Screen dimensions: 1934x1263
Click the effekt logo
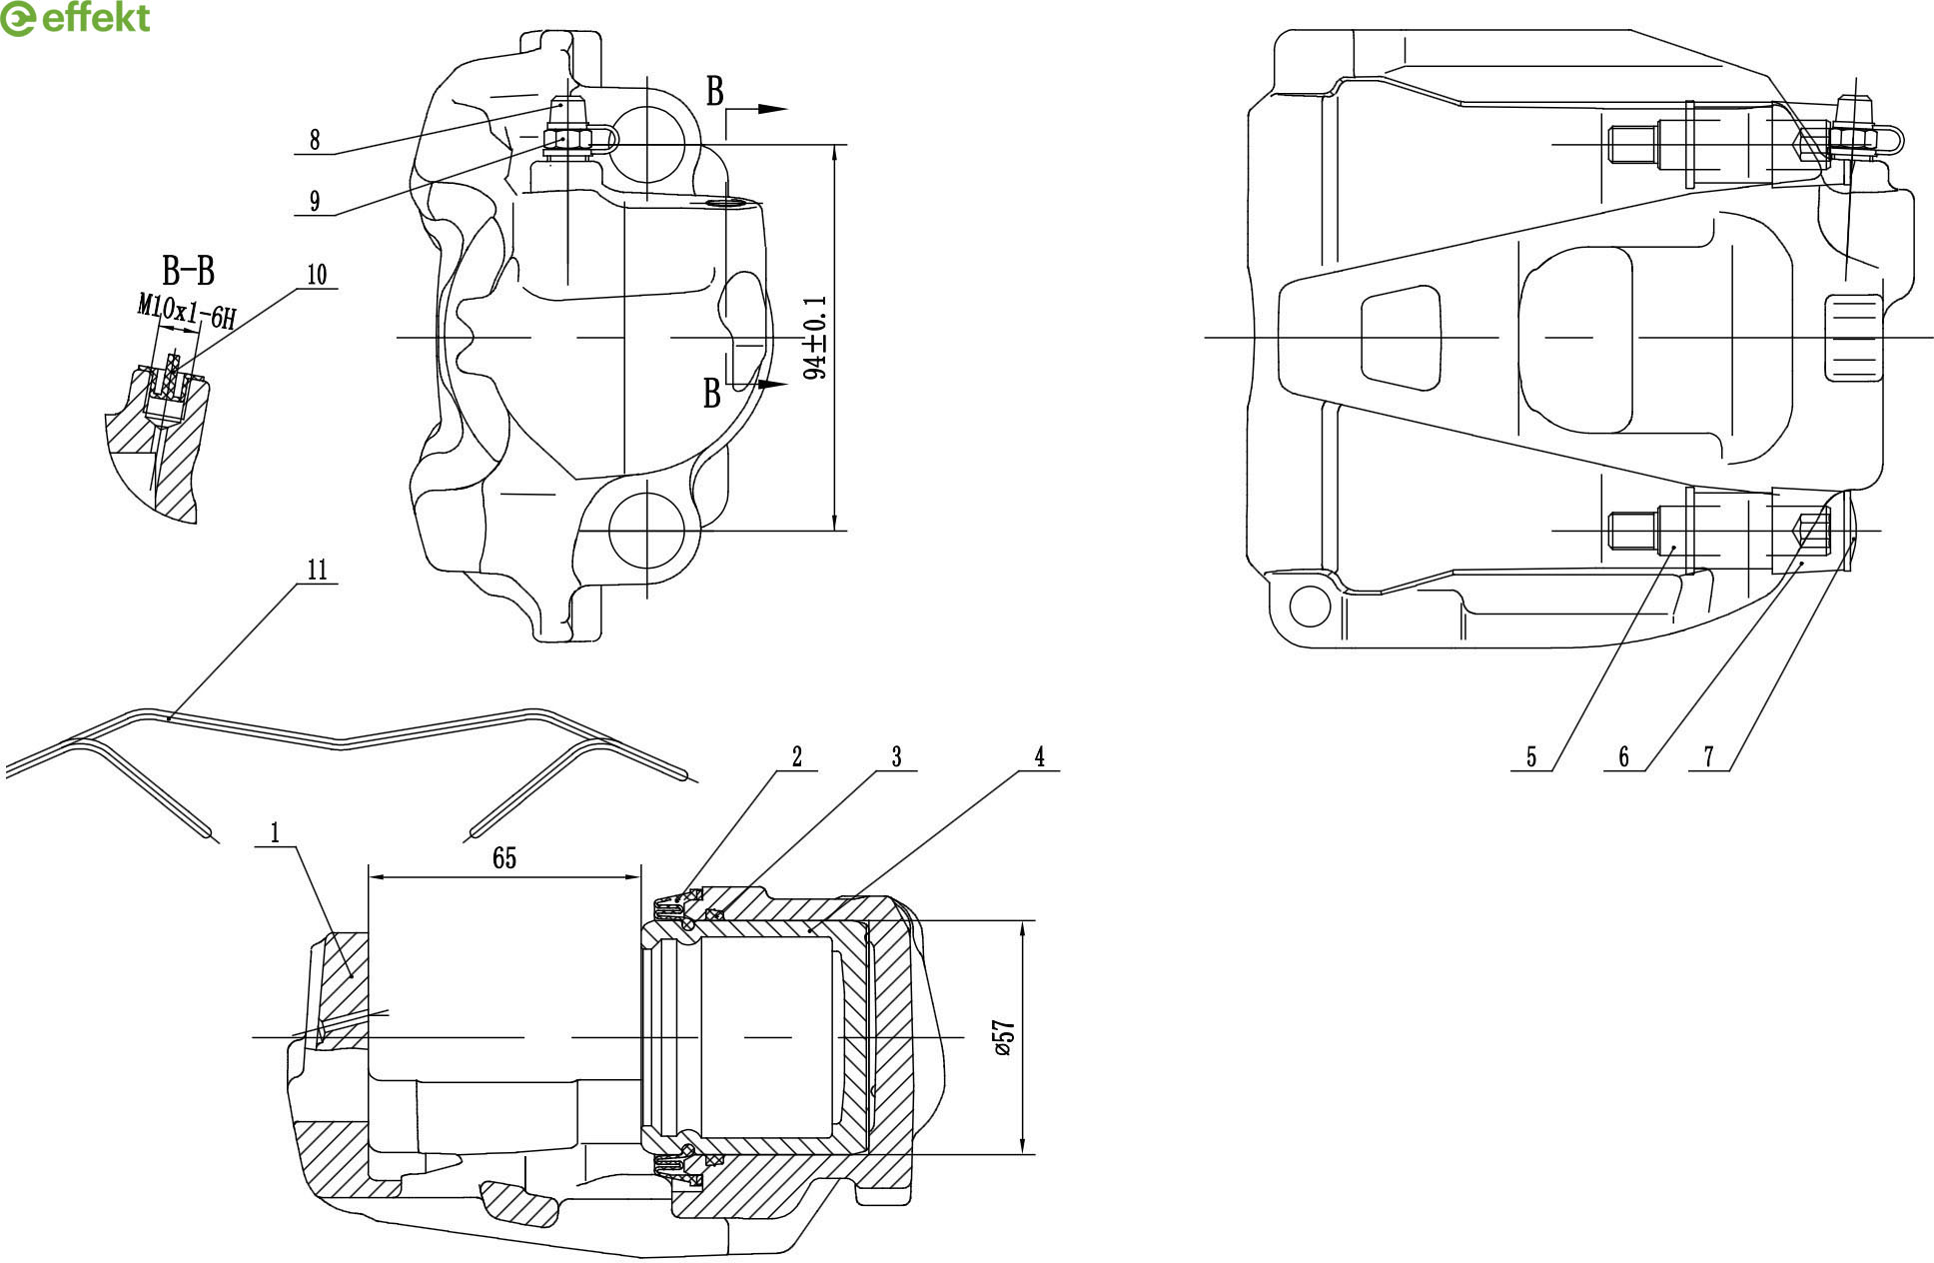click(x=76, y=18)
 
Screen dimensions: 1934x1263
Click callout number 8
click(x=315, y=140)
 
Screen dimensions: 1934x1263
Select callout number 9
click(x=315, y=201)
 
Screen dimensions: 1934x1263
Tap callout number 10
click(x=317, y=275)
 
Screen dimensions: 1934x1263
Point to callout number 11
click(x=317, y=570)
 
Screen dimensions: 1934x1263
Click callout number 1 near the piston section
click(x=275, y=832)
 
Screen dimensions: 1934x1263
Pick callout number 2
click(x=797, y=757)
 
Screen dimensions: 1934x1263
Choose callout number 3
click(x=896, y=757)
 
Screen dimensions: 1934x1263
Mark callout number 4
click(x=1039, y=757)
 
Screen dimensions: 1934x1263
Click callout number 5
click(x=1531, y=757)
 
